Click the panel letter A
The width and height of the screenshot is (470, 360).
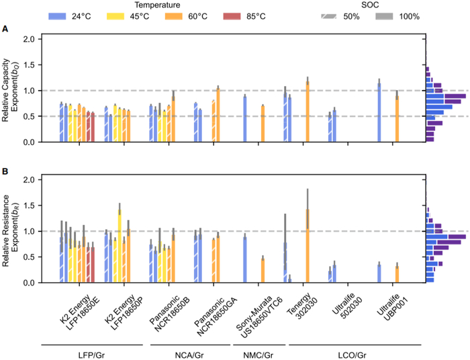[x=5, y=29]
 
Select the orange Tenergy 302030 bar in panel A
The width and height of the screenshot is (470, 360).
[x=308, y=111]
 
